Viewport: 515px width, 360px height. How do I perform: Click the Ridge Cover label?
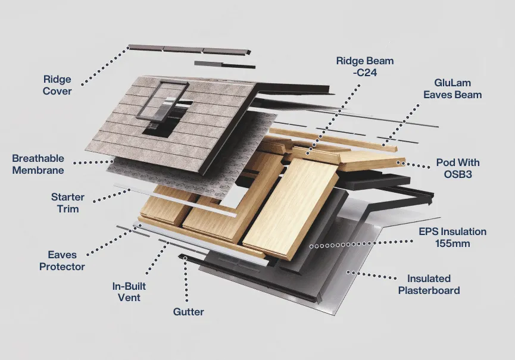pos(57,85)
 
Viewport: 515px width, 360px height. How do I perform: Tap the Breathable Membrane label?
pos(38,165)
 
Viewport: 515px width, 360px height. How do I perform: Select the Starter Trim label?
pos(68,203)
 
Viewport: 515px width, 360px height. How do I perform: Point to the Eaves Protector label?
pos(62,261)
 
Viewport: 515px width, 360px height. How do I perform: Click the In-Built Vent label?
pos(129,292)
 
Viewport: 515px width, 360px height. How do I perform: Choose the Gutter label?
pos(188,312)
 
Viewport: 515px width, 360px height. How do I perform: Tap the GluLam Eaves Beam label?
pos(452,89)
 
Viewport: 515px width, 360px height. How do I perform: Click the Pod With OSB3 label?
pos(458,168)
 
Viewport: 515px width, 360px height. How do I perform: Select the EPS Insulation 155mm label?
pos(452,237)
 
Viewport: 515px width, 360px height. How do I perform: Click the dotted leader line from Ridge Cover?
pos(104,65)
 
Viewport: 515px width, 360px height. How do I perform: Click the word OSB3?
pos(457,174)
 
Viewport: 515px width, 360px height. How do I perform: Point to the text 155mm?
pos(452,243)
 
